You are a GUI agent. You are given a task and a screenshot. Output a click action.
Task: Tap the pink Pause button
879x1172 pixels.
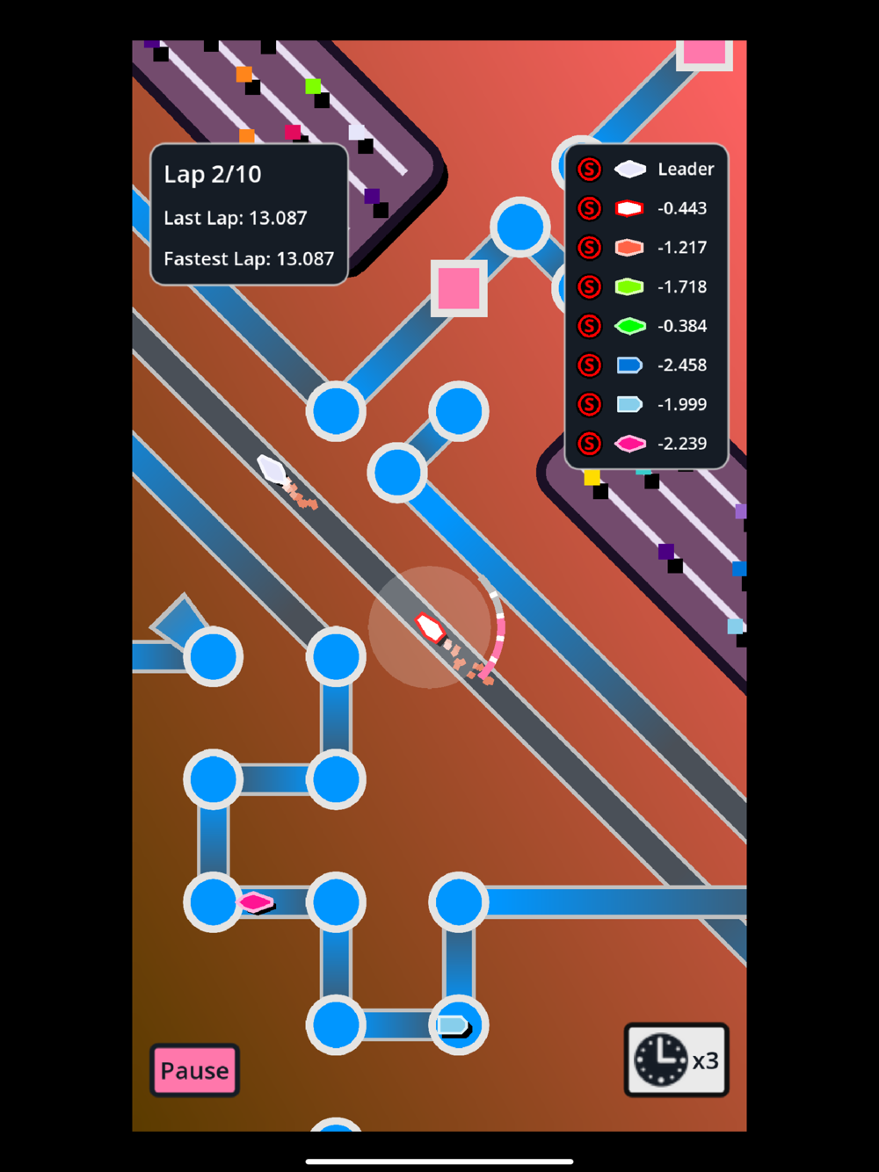tap(194, 1070)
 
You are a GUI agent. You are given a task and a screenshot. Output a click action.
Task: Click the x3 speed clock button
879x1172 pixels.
tap(676, 1060)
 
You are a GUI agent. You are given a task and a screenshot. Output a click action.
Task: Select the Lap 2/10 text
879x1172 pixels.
tap(213, 174)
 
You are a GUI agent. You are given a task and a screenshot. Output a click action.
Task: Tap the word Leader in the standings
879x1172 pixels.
tap(686, 169)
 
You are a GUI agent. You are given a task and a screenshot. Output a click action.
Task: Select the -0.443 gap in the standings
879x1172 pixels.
tap(682, 208)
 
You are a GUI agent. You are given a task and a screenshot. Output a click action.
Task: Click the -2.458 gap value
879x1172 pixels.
tap(682, 365)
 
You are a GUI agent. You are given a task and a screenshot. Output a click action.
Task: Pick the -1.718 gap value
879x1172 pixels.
tap(682, 287)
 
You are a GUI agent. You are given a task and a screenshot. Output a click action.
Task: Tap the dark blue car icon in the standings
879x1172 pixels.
tap(629, 365)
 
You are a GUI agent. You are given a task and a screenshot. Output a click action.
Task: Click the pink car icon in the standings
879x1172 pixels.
tap(630, 444)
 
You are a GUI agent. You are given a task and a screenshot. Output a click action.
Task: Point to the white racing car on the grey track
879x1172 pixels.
tap(272, 469)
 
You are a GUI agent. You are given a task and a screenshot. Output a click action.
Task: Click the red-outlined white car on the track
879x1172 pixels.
tap(430, 627)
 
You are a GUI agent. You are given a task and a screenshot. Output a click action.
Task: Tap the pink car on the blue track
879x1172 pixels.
tap(255, 902)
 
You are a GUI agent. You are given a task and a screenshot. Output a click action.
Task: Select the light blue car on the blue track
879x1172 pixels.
tap(453, 1025)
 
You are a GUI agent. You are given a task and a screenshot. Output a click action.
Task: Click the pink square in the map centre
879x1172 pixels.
tap(459, 287)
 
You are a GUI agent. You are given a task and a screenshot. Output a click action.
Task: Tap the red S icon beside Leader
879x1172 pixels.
tap(589, 169)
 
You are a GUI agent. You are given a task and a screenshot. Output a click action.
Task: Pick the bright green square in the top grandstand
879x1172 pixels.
tap(313, 86)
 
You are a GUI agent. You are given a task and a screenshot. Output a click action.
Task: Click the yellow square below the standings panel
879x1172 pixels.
tap(592, 477)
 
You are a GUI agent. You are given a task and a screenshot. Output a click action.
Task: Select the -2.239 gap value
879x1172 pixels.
tap(682, 444)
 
